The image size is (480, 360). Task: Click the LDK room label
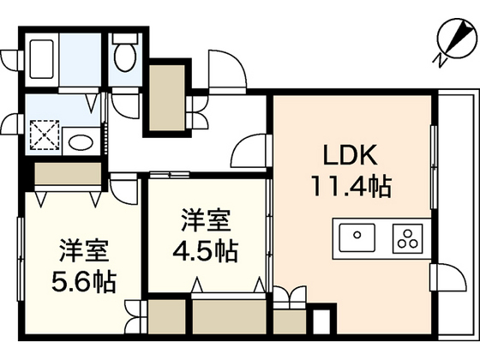pyautogui.click(x=351, y=155)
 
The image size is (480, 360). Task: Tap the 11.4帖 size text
pyautogui.click(x=351, y=185)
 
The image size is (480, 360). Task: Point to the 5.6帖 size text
pyautogui.click(x=84, y=281)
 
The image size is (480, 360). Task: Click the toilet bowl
pyautogui.click(x=125, y=53)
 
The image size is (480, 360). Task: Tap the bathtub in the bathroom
pyautogui.click(x=42, y=59)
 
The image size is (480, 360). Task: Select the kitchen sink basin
pyautogui.click(x=357, y=237)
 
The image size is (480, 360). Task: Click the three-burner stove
pyautogui.click(x=407, y=238)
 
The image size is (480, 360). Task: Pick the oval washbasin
pyautogui.click(x=81, y=142)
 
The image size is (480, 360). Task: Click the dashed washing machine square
pyautogui.click(x=45, y=135)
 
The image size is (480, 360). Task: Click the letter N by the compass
pyautogui.click(x=440, y=60)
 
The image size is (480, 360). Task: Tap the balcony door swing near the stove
pyautogui.click(x=448, y=277)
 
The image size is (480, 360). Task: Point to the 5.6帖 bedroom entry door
pyautogui.click(x=124, y=189)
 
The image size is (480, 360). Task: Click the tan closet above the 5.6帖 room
pyautogui.click(x=68, y=173)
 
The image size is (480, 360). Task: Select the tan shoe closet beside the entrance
pyautogui.click(x=167, y=98)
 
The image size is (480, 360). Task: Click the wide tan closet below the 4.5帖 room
pyautogui.click(x=229, y=317)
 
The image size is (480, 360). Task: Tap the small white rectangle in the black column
pyautogui.click(x=321, y=322)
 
